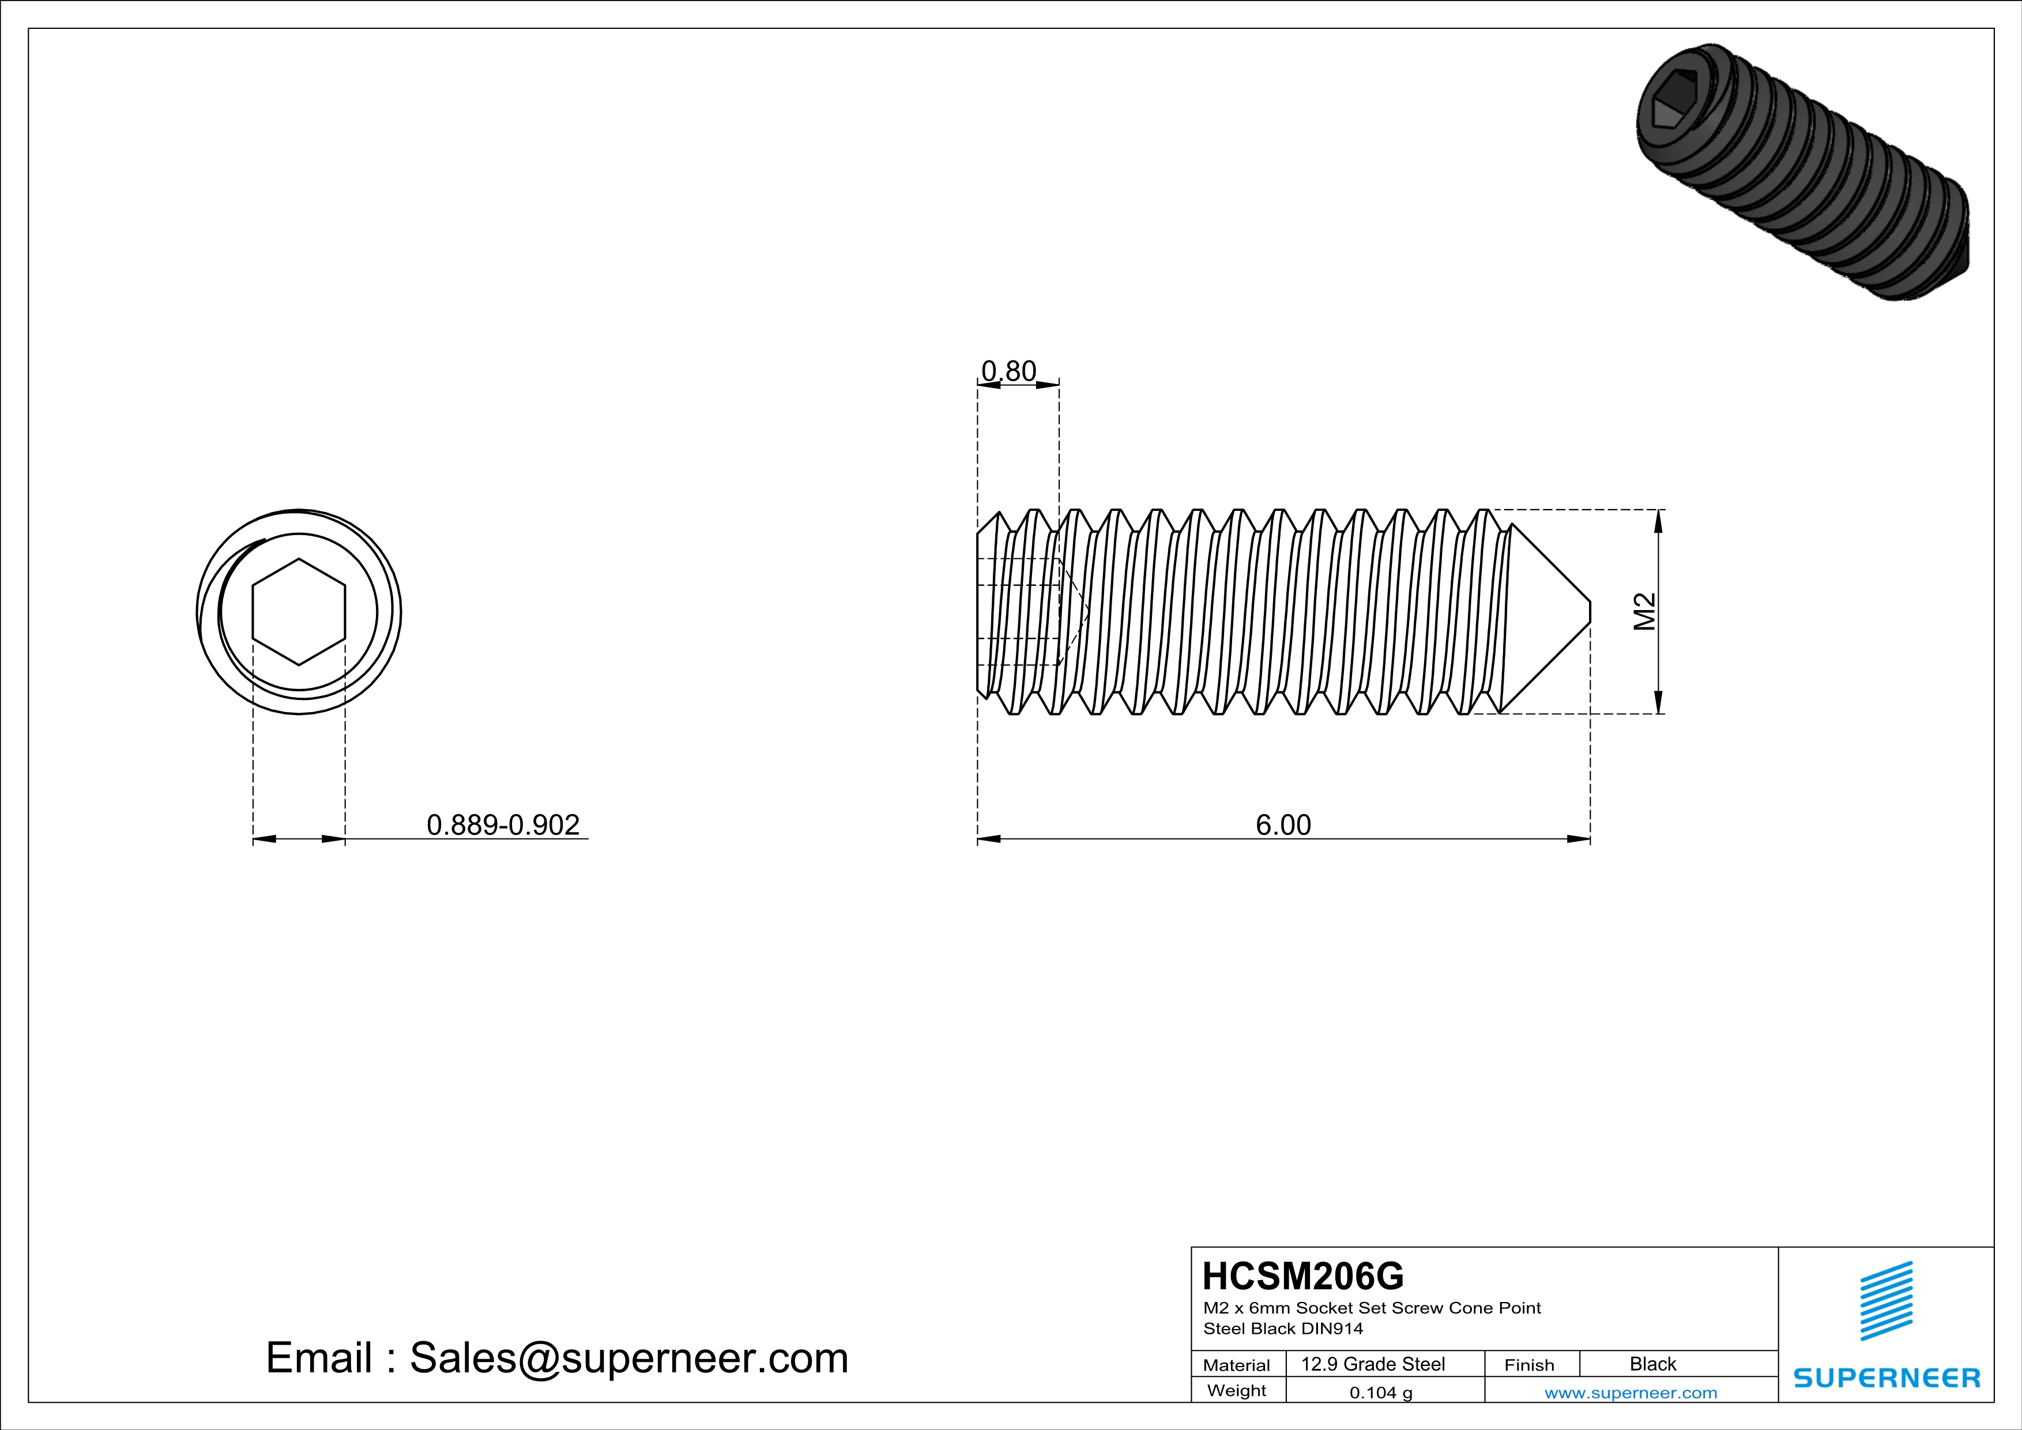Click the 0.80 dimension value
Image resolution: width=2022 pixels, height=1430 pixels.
pyautogui.click(x=1008, y=371)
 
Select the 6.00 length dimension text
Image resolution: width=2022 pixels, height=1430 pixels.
pyautogui.click(x=1282, y=825)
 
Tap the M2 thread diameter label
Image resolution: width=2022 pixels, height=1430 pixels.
pyautogui.click(x=1644, y=611)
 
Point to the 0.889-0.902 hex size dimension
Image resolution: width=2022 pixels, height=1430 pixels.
pyautogui.click(x=503, y=825)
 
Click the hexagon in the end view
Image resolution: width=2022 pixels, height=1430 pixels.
pyautogui.click(x=299, y=611)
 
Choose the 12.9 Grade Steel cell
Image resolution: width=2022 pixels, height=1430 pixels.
pyautogui.click(x=1373, y=1364)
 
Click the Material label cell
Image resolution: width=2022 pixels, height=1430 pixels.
pyautogui.click(x=1237, y=1365)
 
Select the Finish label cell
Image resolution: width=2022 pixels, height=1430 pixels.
pyautogui.click(x=1529, y=1365)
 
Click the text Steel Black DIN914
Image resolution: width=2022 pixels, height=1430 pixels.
pyautogui.click(x=1282, y=1329)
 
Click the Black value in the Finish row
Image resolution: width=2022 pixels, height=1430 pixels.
pyautogui.click(x=1652, y=1364)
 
